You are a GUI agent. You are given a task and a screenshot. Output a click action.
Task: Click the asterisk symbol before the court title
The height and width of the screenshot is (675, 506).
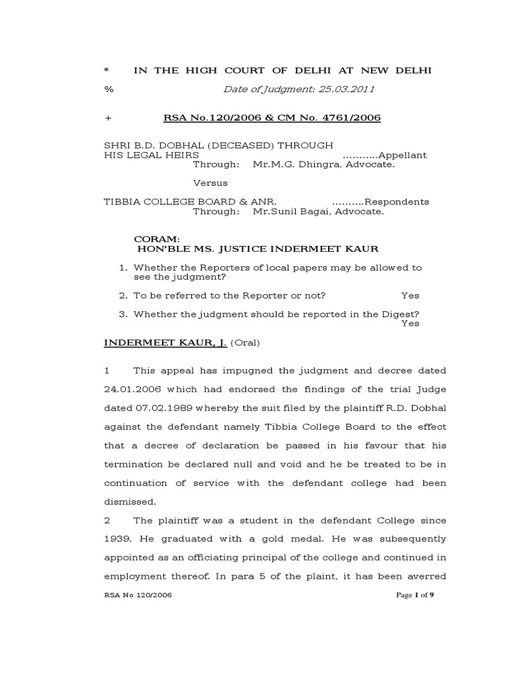(x=107, y=71)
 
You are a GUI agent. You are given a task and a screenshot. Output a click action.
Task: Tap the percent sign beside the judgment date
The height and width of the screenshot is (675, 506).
(x=108, y=90)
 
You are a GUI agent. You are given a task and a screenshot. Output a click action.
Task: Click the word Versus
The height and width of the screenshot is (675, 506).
(x=210, y=183)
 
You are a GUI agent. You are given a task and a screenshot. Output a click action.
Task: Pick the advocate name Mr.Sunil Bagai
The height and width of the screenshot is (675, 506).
(x=290, y=212)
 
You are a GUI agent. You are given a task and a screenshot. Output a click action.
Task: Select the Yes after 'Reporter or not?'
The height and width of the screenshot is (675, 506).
(x=410, y=296)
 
